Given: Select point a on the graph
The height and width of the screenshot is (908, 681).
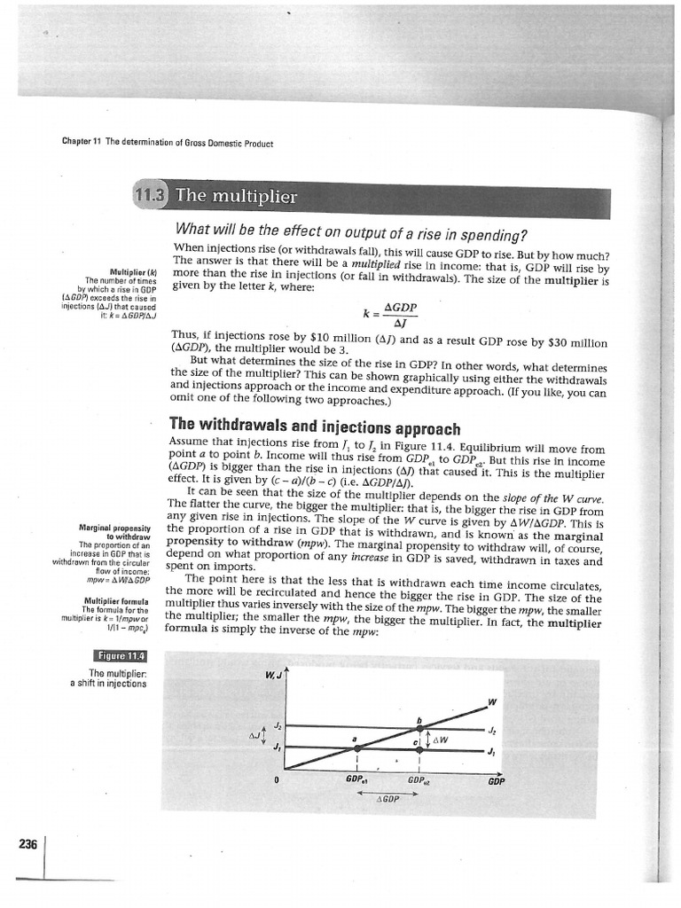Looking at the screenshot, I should point(356,739).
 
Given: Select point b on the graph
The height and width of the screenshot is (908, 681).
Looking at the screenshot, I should point(419,719).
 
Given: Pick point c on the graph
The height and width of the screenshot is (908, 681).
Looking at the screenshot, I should point(414,738).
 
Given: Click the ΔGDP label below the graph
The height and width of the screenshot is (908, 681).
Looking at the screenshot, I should point(388,798).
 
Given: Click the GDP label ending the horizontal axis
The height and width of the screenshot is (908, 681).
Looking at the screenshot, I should point(497,782).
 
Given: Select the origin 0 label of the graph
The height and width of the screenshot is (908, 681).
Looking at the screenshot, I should point(277,780).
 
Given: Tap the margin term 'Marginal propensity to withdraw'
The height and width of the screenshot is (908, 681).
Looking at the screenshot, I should point(115,532).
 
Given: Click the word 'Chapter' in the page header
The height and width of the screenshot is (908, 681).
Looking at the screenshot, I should point(77,142).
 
